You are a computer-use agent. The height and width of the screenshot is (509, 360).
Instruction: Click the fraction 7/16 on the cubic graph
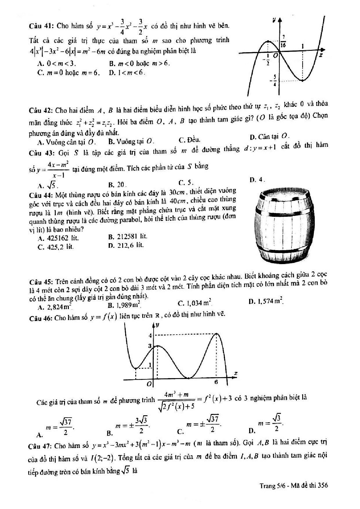tap(283, 41)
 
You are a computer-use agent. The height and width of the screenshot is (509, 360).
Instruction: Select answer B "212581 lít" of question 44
tap(127, 237)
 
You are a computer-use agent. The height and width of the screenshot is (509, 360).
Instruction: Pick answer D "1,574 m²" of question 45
tap(266, 302)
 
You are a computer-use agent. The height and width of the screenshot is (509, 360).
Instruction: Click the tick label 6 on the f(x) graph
tap(216, 382)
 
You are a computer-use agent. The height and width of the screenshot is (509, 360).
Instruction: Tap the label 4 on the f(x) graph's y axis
tap(150, 335)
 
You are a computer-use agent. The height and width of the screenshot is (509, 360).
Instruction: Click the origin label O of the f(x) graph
tap(149, 384)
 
